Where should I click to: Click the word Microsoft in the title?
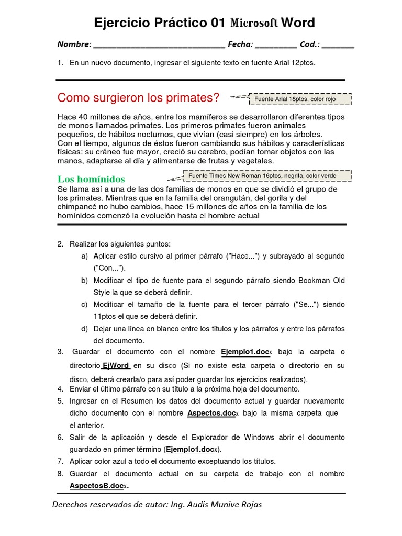254,23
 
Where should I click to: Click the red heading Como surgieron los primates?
138,98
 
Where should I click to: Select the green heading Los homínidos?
91,179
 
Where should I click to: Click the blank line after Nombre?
159,45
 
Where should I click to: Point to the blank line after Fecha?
276,45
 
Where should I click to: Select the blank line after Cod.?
338,45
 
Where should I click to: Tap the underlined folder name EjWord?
116,365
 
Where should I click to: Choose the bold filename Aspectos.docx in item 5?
213,413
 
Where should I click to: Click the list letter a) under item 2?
84,256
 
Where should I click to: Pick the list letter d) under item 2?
84,329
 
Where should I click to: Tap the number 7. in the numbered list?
60,461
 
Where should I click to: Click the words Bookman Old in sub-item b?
321,280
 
